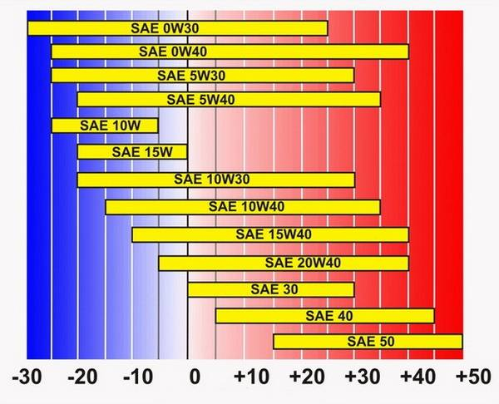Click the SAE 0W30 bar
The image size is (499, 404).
pos(177,28)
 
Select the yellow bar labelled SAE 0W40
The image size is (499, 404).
pos(230,52)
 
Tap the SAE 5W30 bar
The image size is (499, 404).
pos(202,76)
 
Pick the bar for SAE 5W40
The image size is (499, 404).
pos(229,100)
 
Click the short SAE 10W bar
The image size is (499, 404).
pos(104,126)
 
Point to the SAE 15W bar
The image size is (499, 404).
pos(131,151)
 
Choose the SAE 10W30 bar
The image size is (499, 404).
pos(215,180)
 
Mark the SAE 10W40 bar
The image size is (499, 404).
pos(242,206)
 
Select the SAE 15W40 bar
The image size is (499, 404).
pos(269,234)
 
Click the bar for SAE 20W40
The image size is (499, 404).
pos(283,263)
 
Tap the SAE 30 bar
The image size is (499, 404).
pos(270,289)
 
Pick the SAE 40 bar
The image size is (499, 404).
pos(324,316)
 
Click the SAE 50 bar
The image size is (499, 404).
pos(367,342)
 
